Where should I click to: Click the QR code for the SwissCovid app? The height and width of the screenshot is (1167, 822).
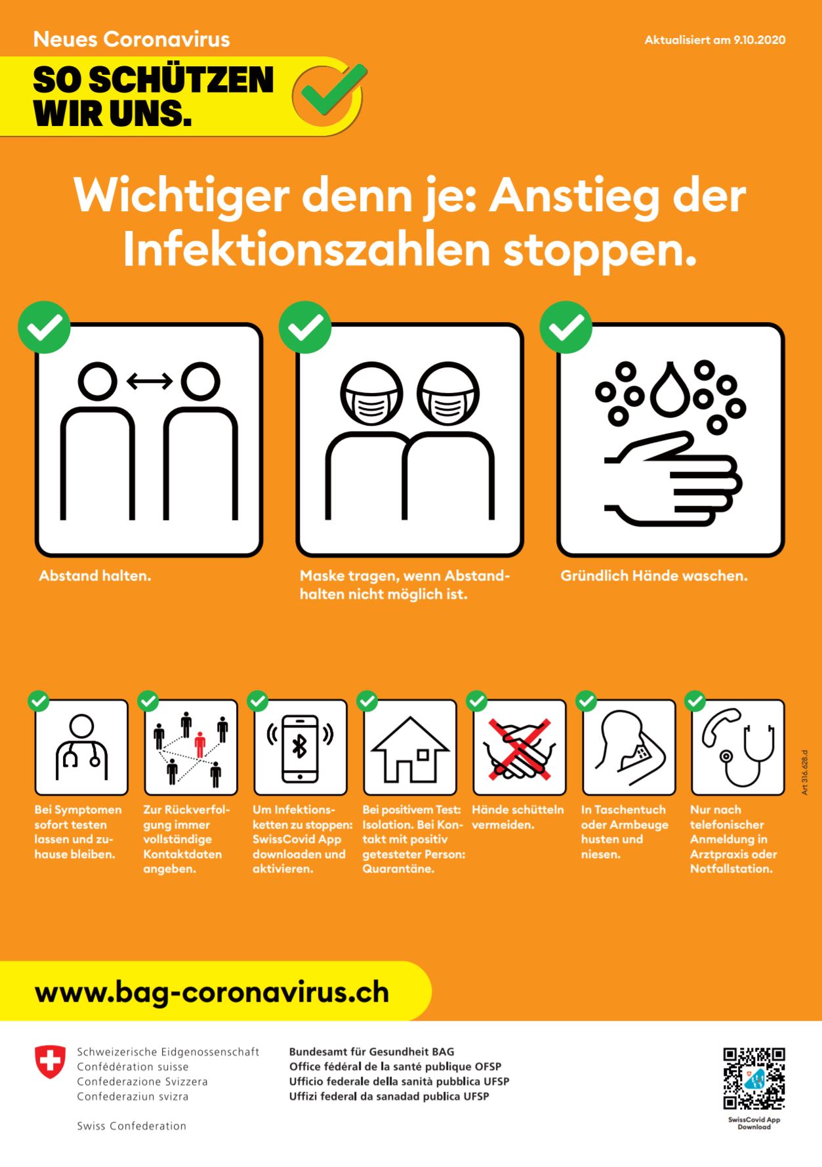754,1079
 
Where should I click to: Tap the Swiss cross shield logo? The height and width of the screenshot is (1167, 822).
50,1062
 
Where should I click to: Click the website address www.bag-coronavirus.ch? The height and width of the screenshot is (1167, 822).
212,993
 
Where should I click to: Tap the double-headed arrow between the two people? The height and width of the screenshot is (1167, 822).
150,380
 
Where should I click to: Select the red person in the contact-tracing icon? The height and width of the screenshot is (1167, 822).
200,744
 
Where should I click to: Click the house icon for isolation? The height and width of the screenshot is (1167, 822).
410,749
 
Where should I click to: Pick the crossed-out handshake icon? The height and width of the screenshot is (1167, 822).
519,748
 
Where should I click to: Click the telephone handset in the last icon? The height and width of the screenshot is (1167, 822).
720,726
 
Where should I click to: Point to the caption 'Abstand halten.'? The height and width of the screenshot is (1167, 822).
95,576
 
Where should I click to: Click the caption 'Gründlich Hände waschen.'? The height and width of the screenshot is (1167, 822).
654,576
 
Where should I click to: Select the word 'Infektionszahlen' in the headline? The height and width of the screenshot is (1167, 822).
307,250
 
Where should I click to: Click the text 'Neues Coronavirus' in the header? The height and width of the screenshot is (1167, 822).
132,39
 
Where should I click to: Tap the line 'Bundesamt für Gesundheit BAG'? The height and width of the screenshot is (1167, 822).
371,1052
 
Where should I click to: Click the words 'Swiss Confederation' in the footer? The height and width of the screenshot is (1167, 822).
132,1126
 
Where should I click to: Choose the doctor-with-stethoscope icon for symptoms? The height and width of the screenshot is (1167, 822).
81,747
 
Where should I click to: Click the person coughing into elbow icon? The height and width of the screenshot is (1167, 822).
628,747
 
